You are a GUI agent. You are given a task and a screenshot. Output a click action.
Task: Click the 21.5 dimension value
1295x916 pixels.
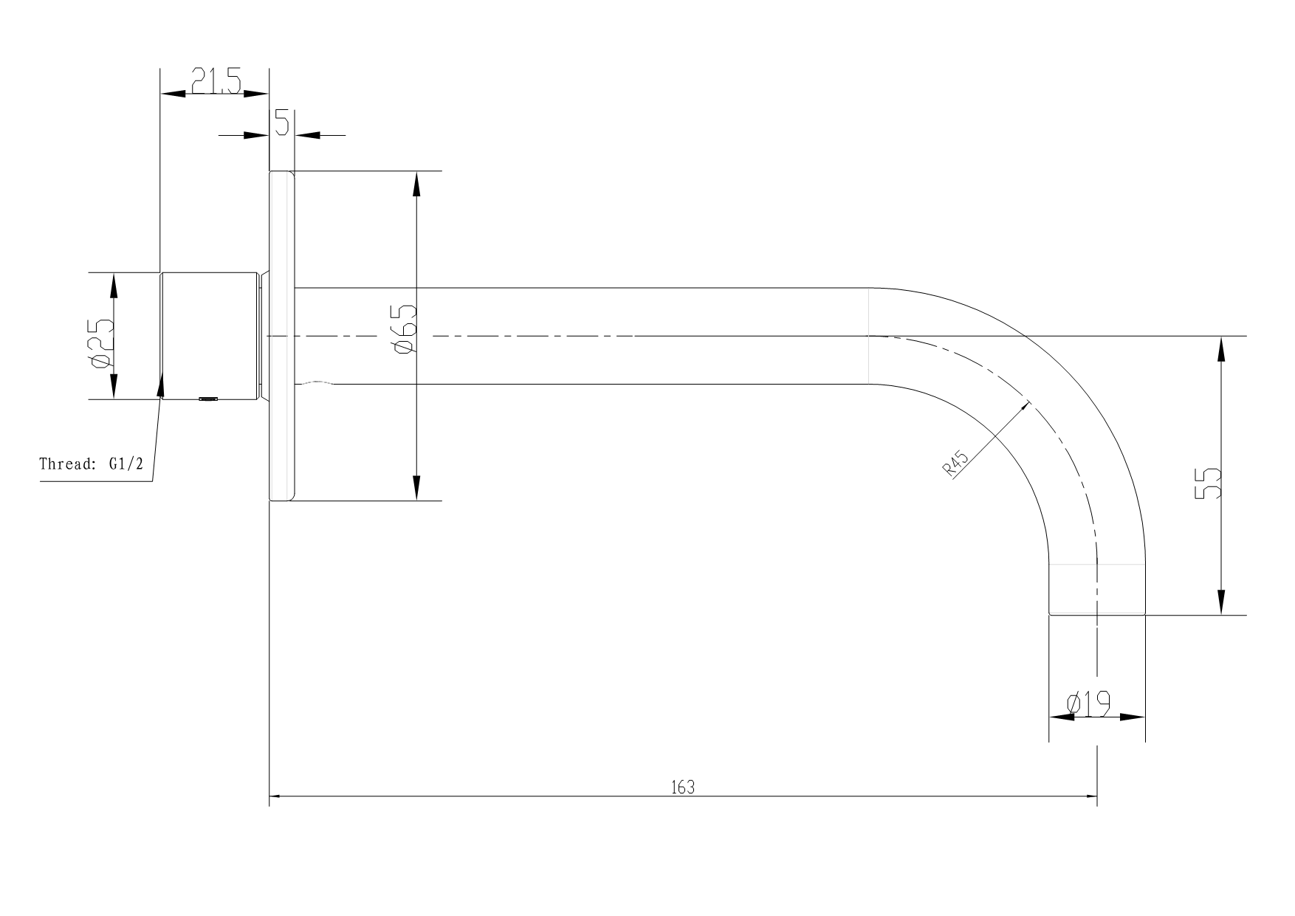click(x=216, y=80)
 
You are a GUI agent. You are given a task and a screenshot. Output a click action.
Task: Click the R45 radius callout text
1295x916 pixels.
click(x=956, y=464)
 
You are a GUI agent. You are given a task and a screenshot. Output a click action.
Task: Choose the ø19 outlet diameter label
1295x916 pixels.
click(x=1089, y=705)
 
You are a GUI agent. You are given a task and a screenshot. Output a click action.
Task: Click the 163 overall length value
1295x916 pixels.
click(x=683, y=788)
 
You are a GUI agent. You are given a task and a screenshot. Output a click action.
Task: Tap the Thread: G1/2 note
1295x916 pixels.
click(x=91, y=464)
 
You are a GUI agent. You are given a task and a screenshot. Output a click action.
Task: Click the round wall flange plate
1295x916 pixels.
click(x=281, y=336)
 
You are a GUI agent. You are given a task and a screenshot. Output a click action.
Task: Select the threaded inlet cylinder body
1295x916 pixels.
click(x=210, y=336)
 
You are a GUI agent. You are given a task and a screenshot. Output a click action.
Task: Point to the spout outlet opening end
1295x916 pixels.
click(x=1097, y=612)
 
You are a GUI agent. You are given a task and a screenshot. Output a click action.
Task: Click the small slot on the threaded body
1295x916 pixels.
click(x=208, y=399)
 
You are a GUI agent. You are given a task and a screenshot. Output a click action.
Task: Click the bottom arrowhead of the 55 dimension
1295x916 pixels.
click(x=1222, y=604)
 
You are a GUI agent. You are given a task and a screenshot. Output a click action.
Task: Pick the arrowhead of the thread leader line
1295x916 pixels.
click(x=162, y=385)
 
